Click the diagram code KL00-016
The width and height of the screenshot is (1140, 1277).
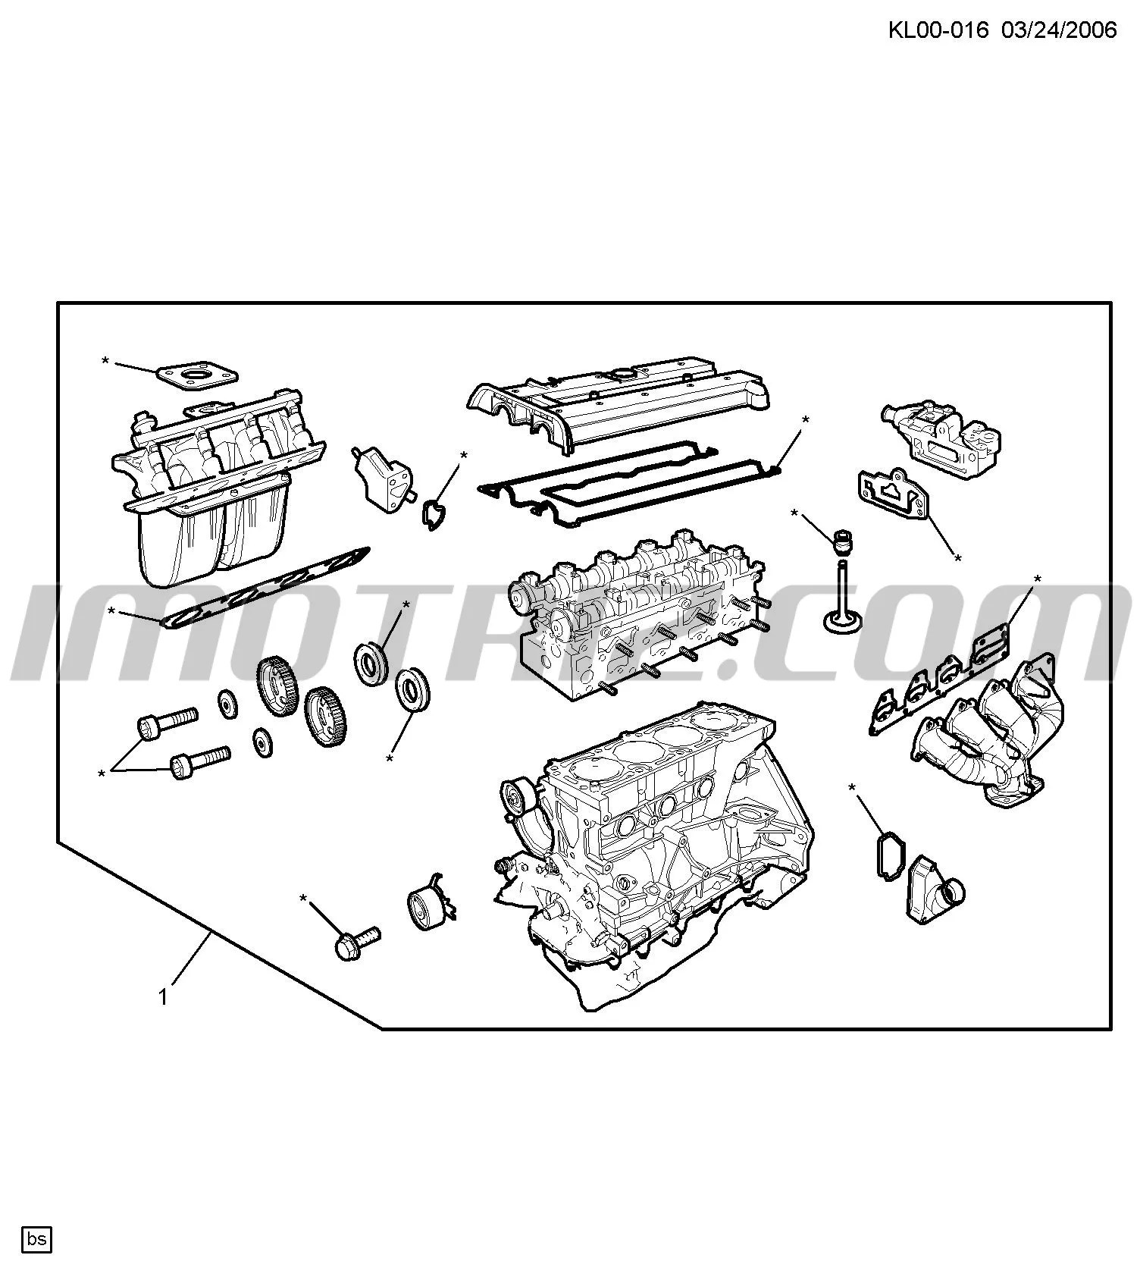point(938,30)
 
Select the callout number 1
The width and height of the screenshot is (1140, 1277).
point(163,997)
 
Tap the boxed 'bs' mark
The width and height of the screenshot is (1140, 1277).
point(37,1240)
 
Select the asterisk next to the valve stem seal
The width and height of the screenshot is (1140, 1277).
point(794,514)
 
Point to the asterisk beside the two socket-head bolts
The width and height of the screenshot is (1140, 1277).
point(102,774)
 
